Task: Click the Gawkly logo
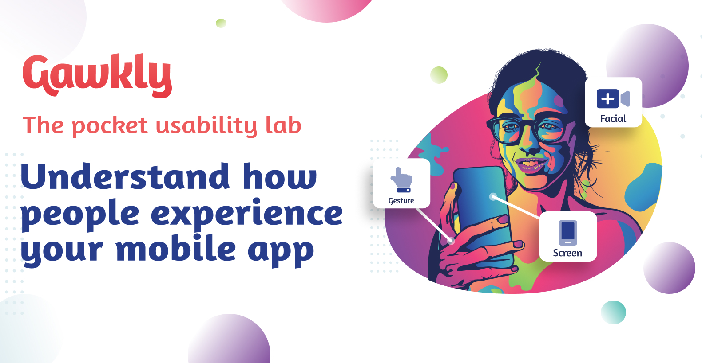point(97,76)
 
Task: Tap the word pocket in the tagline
point(110,126)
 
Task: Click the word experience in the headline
point(247,215)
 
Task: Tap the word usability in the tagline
point(206,126)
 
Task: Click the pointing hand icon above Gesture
point(401,180)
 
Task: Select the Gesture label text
point(401,201)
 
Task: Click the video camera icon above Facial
point(613,98)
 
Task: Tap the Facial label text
point(613,119)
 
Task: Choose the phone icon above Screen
point(568,233)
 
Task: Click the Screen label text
point(567,253)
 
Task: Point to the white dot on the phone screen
point(493,196)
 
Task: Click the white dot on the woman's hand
point(451,241)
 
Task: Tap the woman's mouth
point(531,164)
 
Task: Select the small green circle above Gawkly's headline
point(221,23)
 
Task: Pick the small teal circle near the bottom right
point(613,312)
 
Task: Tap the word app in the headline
point(281,251)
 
